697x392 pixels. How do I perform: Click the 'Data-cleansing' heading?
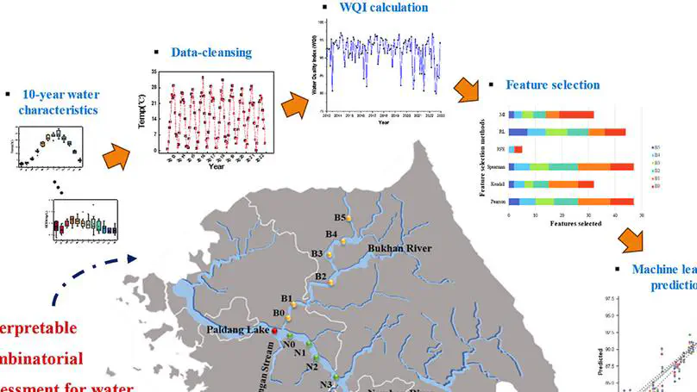[210, 53]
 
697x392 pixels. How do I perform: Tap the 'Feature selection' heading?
[552, 85]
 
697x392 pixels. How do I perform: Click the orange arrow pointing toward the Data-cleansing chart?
[116, 156]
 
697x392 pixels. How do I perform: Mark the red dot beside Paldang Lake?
[274, 330]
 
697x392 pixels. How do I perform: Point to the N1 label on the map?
[301, 352]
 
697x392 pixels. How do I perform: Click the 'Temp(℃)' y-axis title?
[141, 112]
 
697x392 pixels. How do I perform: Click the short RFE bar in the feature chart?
[515, 149]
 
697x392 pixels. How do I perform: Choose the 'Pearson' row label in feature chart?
[495, 202]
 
